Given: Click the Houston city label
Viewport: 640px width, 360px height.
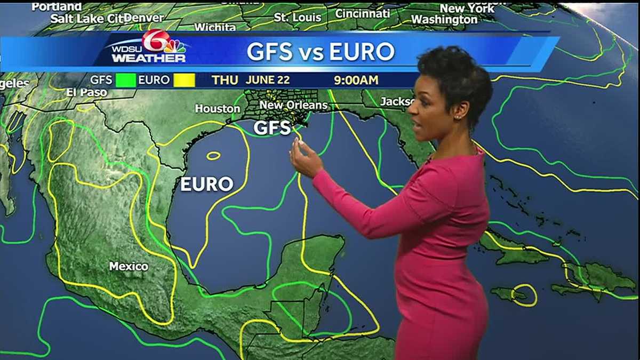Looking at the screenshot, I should pyautogui.click(x=218, y=109).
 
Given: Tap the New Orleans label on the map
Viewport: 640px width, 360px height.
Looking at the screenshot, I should pyautogui.click(x=293, y=106).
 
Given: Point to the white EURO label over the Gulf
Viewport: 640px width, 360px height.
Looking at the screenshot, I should pyautogui.click(x=206, y=185).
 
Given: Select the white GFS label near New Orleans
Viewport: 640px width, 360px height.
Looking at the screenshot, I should pyautogui.click(x=272, y=128).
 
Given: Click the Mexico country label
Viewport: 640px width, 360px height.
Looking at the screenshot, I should pyautogui.click(x=129, y=266).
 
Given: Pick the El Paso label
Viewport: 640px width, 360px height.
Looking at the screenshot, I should pyautogui.click(x=87, y=92).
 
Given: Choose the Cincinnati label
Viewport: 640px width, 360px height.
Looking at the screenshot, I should pyautogui.click(x=362, y=13).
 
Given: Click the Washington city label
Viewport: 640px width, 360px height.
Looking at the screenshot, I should pyautogui.click(x=444, y=20).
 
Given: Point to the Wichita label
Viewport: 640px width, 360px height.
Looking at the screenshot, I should pyautogui.click(x=215, y=27).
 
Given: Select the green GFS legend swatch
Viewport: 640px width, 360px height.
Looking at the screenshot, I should pyautogui.click(x=126, y=81).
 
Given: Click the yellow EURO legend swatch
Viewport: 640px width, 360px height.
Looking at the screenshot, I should pyautogui.click(x=184, y=81).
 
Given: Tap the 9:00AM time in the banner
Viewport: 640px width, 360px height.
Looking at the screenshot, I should pyautogui.click(x=356, y=81).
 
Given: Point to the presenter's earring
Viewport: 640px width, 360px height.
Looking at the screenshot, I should pyautogui.click(x=457, y=117).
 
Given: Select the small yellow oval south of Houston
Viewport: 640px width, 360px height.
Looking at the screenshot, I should pyautogui.click(x=213, y=156).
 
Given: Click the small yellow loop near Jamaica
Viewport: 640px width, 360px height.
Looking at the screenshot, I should pyautogui.click(x=524, y=295).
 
